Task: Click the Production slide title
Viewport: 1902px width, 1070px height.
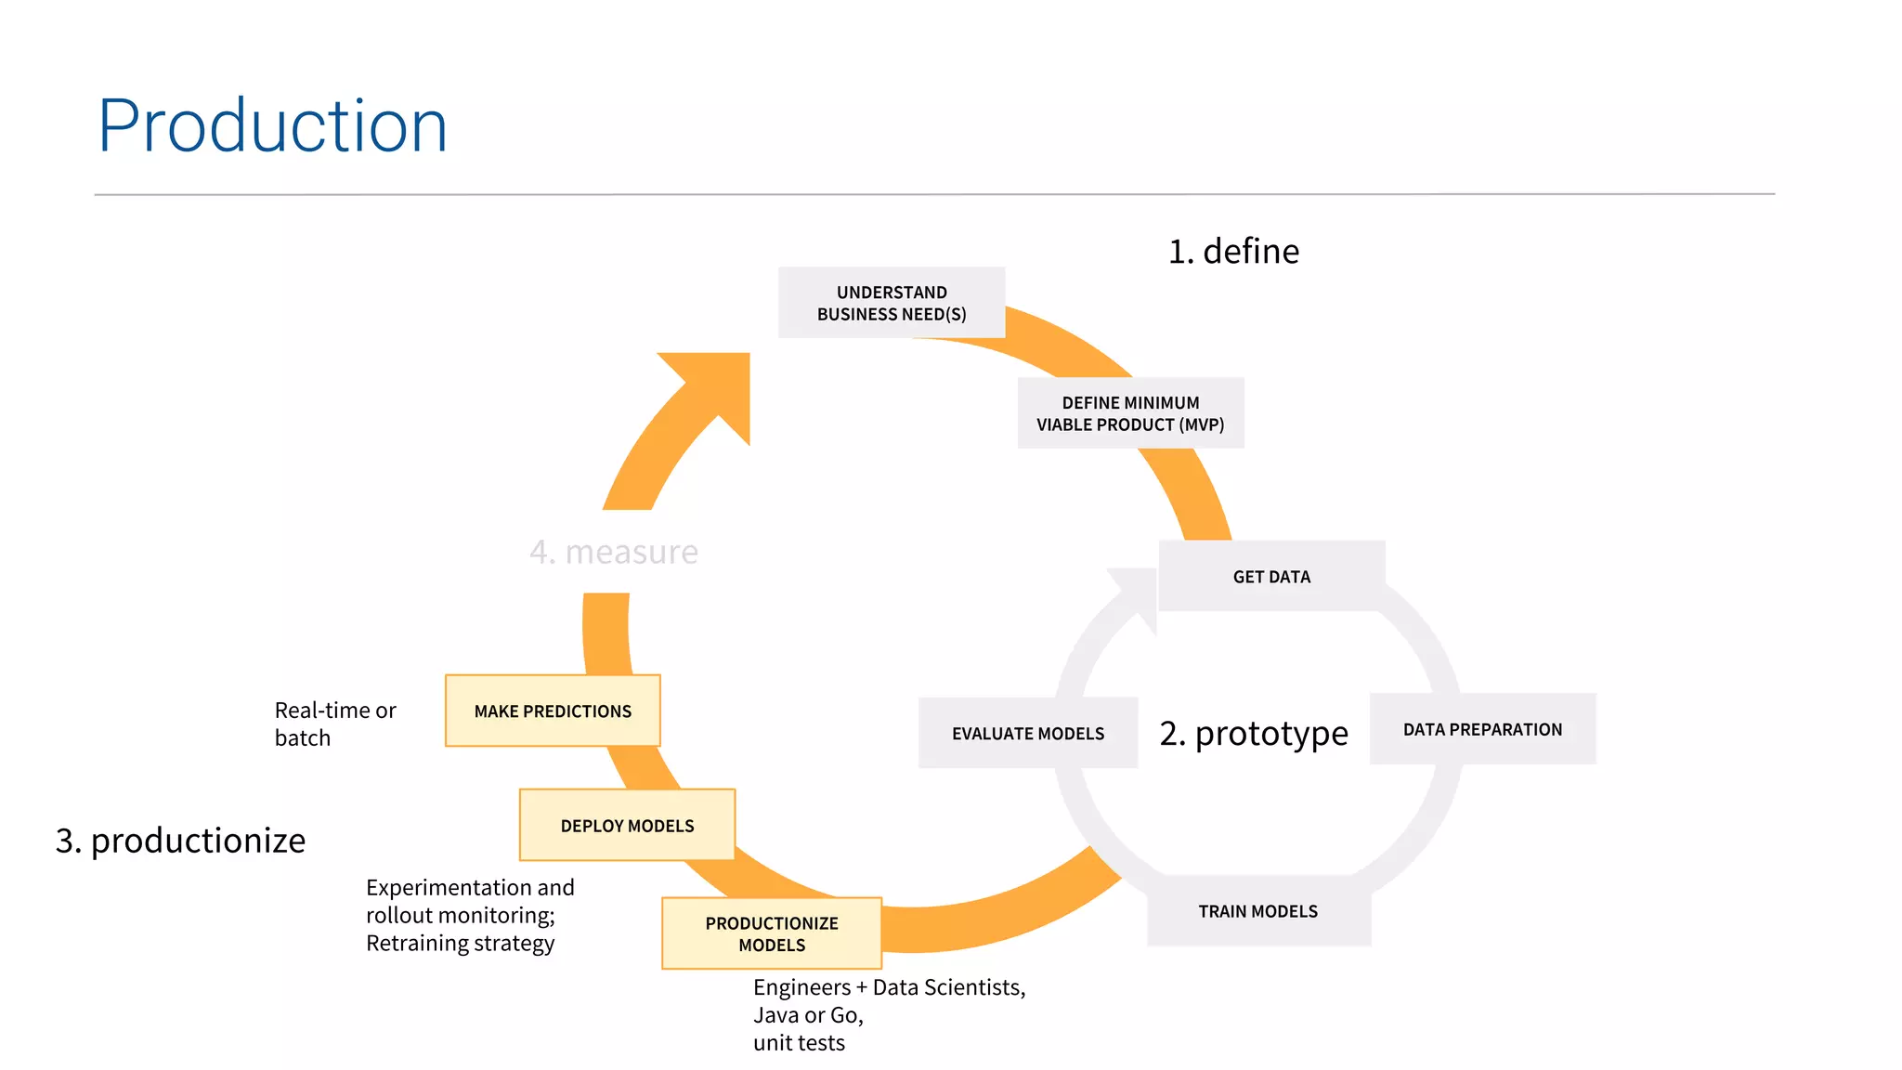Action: [272, 125]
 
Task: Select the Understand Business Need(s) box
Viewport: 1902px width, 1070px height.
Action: [892, 303]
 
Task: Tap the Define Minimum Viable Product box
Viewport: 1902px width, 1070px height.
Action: [1130, 413]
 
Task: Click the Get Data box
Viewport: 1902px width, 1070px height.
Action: [1271, 576]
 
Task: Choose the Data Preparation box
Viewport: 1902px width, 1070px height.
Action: [1482, 729]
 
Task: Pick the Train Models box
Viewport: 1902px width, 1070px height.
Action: [1258, 911]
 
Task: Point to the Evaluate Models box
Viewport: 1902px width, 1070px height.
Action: [1028, 733]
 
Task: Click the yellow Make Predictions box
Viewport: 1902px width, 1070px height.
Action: [553, 711]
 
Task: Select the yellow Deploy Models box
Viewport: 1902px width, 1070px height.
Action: [627, 825]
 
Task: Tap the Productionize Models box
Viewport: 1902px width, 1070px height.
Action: [772, 933]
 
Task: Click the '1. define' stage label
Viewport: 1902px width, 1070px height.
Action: [1233, 251]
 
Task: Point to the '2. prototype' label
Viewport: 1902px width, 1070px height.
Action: [1253, 733]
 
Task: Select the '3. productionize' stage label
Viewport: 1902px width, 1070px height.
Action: [180, 840]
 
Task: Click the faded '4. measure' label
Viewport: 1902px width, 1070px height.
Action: [613, 552]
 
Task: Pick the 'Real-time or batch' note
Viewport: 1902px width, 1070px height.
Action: [335, 724]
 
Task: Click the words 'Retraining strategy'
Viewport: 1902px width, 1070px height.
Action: [460, 943]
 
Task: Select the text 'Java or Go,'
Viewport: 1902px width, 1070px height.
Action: [808, 1014]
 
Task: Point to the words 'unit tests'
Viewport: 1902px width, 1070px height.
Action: [799, 1042]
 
